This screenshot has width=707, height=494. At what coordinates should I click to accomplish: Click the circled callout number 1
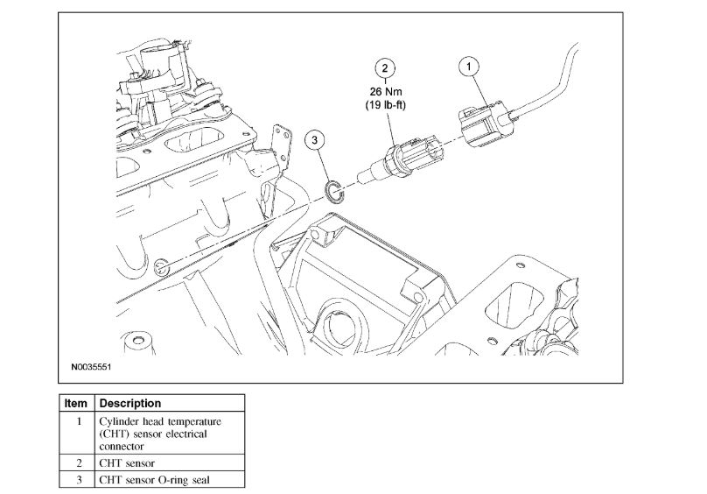coord(470,66)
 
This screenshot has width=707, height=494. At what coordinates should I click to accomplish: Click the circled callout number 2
coord(384,66)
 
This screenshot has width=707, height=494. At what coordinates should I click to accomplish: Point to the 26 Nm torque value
coord(385,90)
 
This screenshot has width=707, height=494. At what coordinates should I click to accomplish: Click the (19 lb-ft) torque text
coord(385,105)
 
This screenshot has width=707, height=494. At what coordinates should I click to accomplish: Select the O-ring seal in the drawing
coord(332,189)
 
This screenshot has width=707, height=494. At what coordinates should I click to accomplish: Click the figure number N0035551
coord(90,369)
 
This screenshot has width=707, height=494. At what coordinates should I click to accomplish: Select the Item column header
coord(76,404)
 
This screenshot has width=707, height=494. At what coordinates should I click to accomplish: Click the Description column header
coord(130,404)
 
